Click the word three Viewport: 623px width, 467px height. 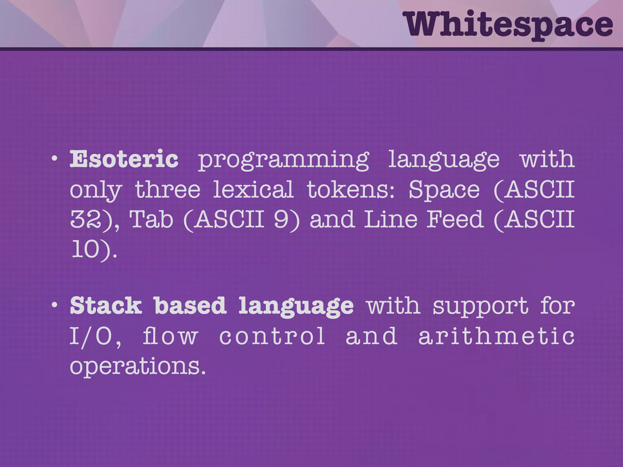click(168, 189)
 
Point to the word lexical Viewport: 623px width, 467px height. click(253, 189)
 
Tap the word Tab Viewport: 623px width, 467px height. click(151, 219)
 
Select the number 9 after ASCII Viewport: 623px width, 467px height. click(281, 219)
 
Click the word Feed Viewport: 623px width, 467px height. click(455, 219)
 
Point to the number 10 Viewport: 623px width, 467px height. click(85, 249)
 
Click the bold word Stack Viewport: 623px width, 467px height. click(106, 306)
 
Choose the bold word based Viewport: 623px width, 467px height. click(190, 306)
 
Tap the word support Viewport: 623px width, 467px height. click(481, 307)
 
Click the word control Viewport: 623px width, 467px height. click(272, 336)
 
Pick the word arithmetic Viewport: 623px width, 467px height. click(496, 336)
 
